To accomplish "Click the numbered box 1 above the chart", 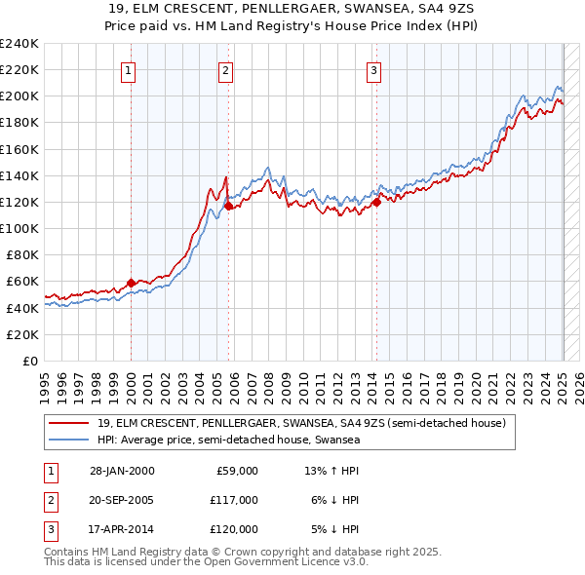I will click(130, 69).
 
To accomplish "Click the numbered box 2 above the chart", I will click(225, 69).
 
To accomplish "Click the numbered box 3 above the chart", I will click(373, 69).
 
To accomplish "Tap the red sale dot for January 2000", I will click(131, 283).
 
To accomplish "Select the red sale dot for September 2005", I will click(228, 206).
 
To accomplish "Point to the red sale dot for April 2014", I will click(375, 202).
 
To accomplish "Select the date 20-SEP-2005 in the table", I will click(121, 500).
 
